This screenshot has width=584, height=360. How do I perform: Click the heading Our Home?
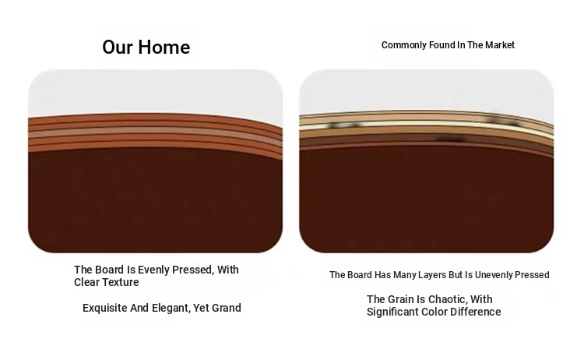click(x=146, y=48)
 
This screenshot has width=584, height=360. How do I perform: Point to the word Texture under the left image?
click(x=121, y=282)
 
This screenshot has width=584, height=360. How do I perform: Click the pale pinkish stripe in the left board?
click(x=155, y=132)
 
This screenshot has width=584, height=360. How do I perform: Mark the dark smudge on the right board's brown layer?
click(x=451, y=139)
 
